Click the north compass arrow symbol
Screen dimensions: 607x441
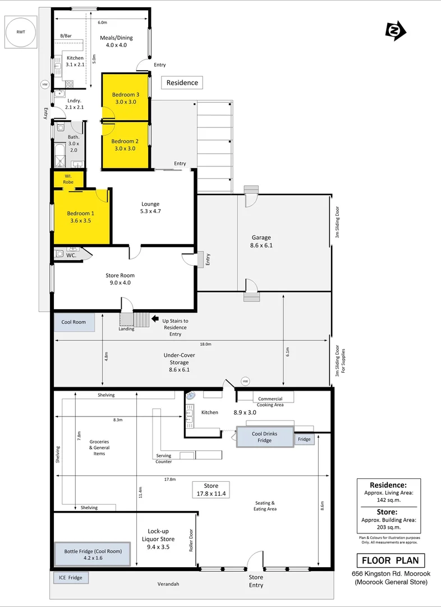(396, 30)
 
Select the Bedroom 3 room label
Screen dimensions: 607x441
(125, 98)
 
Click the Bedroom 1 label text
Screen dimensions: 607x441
(80, 217)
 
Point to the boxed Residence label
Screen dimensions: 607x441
(182, 83)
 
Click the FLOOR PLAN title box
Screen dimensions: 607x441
(391, 560)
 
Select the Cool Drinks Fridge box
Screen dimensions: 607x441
(265, 437)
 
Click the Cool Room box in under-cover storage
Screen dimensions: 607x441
(73, 322)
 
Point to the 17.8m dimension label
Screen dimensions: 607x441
(169, 479)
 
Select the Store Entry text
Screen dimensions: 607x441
(256, 581)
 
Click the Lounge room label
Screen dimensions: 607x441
(150, 207)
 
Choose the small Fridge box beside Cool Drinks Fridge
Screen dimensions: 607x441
(304, 439)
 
